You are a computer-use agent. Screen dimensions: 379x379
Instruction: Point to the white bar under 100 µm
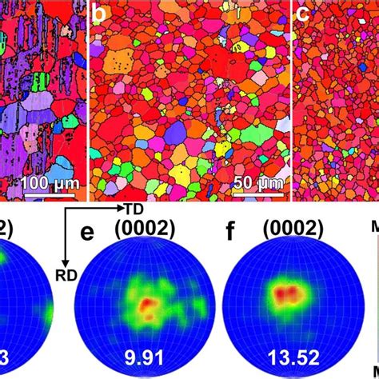[x=47, y=194]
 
